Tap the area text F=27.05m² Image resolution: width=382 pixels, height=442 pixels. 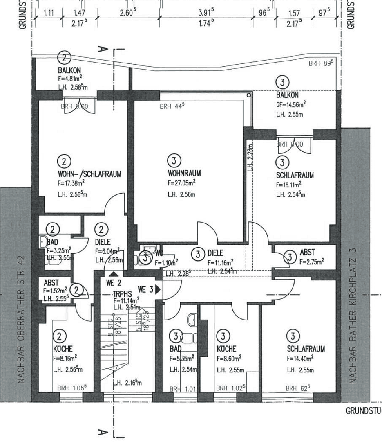(x=181, y=183)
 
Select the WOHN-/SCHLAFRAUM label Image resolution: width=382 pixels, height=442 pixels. (x=89, y=174)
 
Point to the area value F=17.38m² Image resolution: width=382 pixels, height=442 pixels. (x=71, y=183)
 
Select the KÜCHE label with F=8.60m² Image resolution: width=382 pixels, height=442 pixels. (x=226, y=349)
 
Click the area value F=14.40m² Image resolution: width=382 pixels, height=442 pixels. (x=300, y=358)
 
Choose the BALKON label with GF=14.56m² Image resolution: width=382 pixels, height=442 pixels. (x=287, y=95)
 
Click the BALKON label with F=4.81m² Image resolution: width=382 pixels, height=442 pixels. (x=68, y=70)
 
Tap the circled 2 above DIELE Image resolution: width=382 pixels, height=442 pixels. (x=102, y=229)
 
